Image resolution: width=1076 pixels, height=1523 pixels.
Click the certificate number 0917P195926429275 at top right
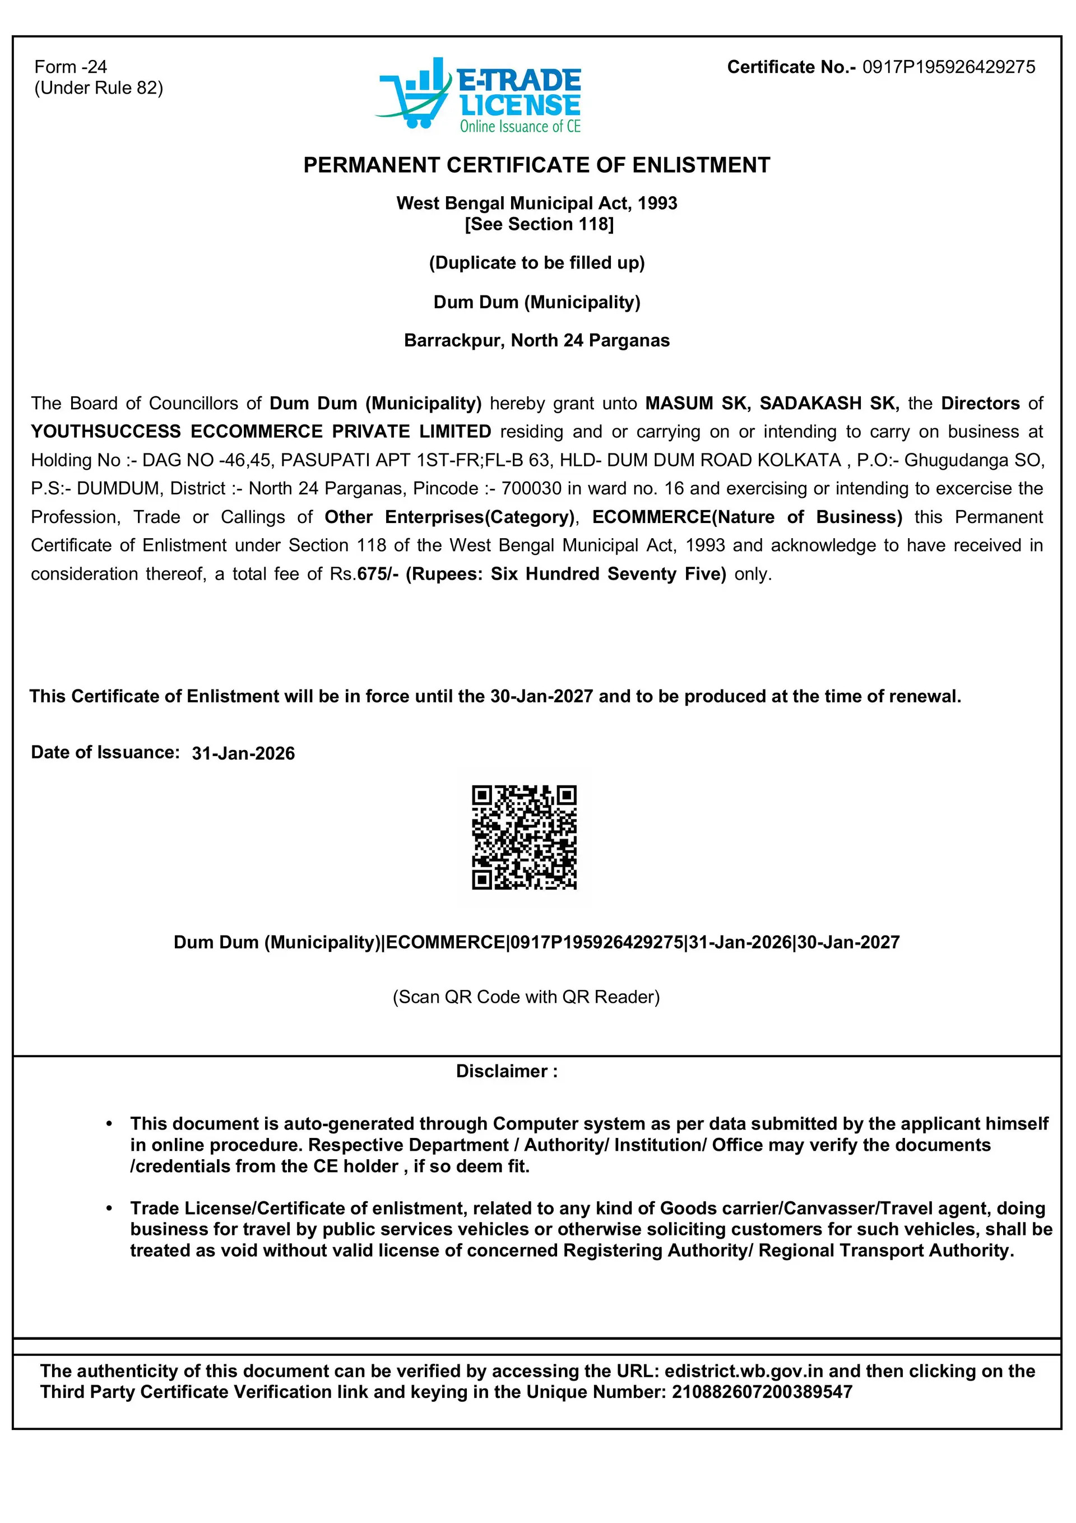948,67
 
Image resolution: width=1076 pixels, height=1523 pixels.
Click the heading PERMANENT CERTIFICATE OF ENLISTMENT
537,165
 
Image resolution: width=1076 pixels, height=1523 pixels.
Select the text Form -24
70,67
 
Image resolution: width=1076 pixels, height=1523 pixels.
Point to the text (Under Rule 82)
98,88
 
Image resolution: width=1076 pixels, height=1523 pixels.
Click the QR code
524,837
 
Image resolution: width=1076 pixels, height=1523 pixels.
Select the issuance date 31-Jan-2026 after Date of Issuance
243,753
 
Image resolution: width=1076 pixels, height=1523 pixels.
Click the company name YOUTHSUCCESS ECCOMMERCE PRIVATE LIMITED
261,432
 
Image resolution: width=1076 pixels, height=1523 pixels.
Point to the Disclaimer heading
507,1071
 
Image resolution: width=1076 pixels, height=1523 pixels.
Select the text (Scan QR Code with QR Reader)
526,997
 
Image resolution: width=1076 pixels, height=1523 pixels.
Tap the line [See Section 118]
539,224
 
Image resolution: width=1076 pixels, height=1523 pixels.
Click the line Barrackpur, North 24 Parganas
537,341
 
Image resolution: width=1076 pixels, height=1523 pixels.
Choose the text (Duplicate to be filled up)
537,263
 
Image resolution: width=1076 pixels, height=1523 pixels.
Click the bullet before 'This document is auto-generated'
109,1124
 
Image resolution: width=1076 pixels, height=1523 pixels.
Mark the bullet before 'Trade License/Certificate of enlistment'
109,1209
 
